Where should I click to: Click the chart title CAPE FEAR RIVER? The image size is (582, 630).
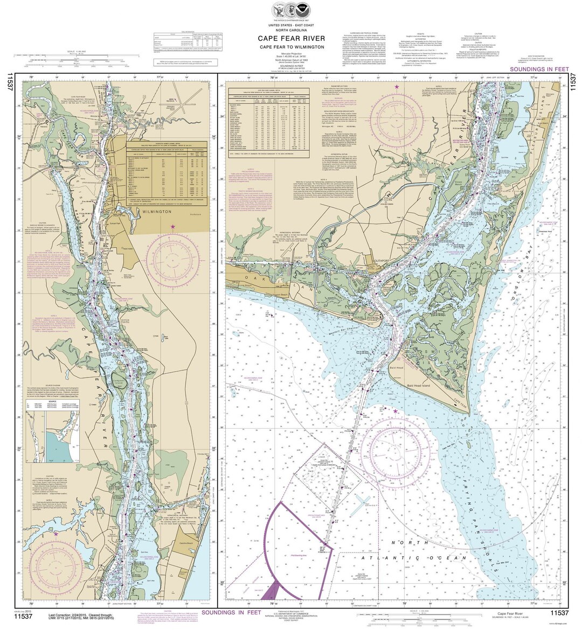pyautogui.click(x=290, y=38)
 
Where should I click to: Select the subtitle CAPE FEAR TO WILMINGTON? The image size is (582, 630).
pyautogui.click(x=290, y=47)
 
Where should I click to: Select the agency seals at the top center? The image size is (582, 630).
pyautogui.click(x=290, y=10)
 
